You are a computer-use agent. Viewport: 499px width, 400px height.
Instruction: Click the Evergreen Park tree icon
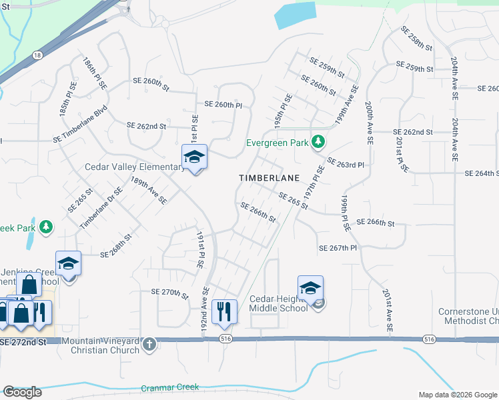tap(319, 141)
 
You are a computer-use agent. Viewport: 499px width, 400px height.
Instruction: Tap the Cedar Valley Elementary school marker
tap(194, 158)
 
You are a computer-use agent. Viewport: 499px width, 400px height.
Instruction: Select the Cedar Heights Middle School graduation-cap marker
tap(310, 289)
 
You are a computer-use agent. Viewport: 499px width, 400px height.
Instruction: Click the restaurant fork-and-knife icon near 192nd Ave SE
tap(223, 311)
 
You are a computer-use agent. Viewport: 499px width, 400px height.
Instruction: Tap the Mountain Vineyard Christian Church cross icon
tap(149, 345)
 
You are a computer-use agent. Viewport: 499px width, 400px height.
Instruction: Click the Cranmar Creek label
tap(170, 387)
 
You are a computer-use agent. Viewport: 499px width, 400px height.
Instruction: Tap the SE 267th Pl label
tap(338, 248)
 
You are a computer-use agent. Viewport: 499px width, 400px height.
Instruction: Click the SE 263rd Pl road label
tap(346, 163)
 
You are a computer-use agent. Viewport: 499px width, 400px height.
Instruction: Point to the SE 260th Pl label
tap(223, 105)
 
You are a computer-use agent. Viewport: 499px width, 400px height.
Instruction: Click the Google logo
tap(22, 392)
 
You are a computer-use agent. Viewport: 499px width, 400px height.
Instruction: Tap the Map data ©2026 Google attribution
tap(457, 395)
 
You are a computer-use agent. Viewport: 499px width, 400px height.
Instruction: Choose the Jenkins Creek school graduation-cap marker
tap(68, 265)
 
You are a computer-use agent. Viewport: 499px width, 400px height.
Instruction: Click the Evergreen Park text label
tap(278, 143)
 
